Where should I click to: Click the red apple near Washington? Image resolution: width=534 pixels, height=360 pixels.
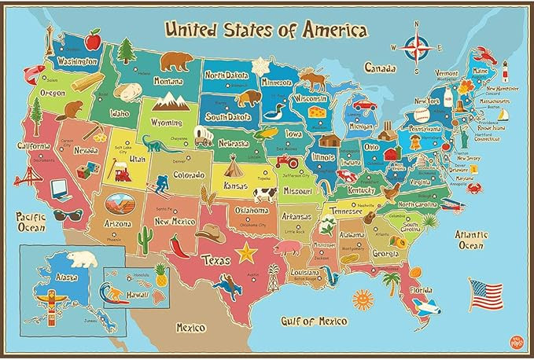[94, 38]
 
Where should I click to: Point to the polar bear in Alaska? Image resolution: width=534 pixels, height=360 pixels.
[81, 259]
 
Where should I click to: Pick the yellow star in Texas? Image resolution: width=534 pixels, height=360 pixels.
[247, 253]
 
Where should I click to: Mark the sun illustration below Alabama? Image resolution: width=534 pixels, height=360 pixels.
[362, 299]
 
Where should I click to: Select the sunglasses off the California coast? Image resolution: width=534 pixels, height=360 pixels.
[68, 214]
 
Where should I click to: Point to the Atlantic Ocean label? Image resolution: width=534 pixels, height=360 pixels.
[472, 240]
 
